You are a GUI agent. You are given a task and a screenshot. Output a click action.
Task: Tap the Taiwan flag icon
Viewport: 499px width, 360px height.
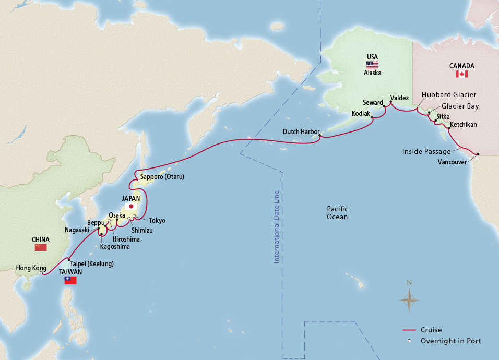tap(70, 281)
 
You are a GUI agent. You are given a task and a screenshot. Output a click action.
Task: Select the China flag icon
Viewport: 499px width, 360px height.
tap(41, 247)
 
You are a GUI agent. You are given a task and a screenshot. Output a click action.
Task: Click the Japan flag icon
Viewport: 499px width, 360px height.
tap(131, 206)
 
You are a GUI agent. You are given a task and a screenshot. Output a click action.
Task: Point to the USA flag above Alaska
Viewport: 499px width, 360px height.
tap(372, 65)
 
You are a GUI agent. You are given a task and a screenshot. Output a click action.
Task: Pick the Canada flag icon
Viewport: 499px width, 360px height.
tap(461, 74)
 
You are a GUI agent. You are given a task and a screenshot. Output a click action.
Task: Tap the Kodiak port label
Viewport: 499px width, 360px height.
tap(361, 113)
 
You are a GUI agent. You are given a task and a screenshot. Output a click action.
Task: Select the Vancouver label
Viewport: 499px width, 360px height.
tap(453, 161)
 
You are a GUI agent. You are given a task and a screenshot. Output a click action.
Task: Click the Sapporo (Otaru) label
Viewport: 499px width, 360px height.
tap(162, 177)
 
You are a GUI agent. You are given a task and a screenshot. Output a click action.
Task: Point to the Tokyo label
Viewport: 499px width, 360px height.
tap(157, 221)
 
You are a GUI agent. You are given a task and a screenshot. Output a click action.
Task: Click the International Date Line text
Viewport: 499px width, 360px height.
tap(277, 226)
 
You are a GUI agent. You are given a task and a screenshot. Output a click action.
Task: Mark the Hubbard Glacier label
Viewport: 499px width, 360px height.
tap(449, 95)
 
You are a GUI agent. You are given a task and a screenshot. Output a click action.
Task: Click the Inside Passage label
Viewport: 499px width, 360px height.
tap(426, 151)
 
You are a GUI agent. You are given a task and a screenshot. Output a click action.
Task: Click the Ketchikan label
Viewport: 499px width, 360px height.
tap(463, 125)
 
